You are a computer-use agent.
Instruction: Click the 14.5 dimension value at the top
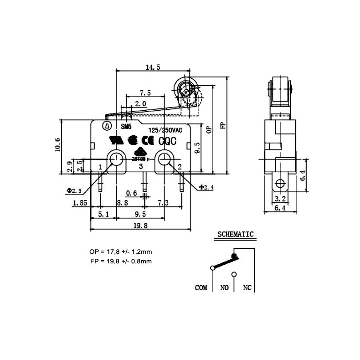(x=153, y=67)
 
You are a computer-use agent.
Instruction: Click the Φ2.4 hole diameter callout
(x=206, y=187)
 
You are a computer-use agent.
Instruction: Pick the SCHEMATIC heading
(x=235, y=235)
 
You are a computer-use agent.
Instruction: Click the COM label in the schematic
(x=201, y=288)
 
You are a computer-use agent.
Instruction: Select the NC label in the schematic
(x=247, y=288)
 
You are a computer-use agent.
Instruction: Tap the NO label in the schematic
(x=225, y=288)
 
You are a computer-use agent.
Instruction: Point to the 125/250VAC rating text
(x=165, y=130)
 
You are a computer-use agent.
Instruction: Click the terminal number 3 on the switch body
(x=140, y=167)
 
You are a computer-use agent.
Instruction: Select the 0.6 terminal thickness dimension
(x=132, y=192)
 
